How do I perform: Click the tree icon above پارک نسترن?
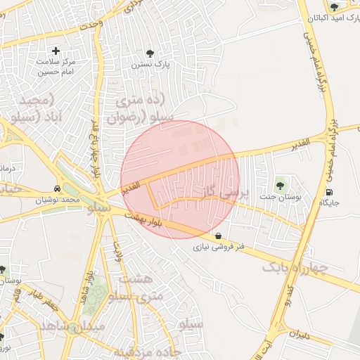pos(149,53)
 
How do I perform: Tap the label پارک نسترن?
pos(148,64)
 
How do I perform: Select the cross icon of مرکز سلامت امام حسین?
pos(56,51)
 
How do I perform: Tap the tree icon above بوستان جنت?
pos(281,186)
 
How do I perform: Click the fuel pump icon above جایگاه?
pos(330,192)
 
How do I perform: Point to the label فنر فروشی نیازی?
pos(219,247)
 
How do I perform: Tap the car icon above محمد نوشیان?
pos(56,189)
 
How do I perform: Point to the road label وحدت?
pos(91,26)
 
